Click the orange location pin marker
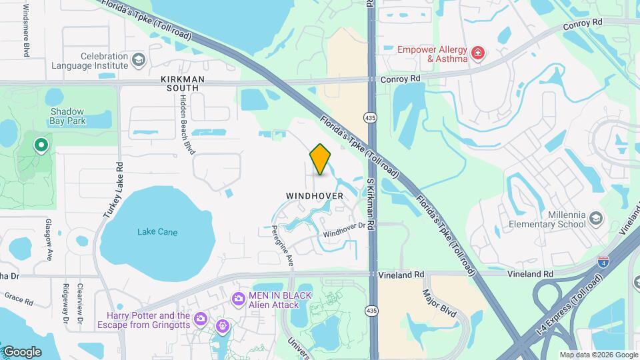click(320, 159)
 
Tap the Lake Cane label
click(157, 232)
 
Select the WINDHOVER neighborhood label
click(315, 196)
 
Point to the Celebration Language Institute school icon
click(138, 61)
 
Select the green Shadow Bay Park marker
click(41, 144)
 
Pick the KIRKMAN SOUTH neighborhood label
click(180, 83)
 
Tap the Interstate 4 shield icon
click(603, 262)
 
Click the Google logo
click(22, 352)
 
